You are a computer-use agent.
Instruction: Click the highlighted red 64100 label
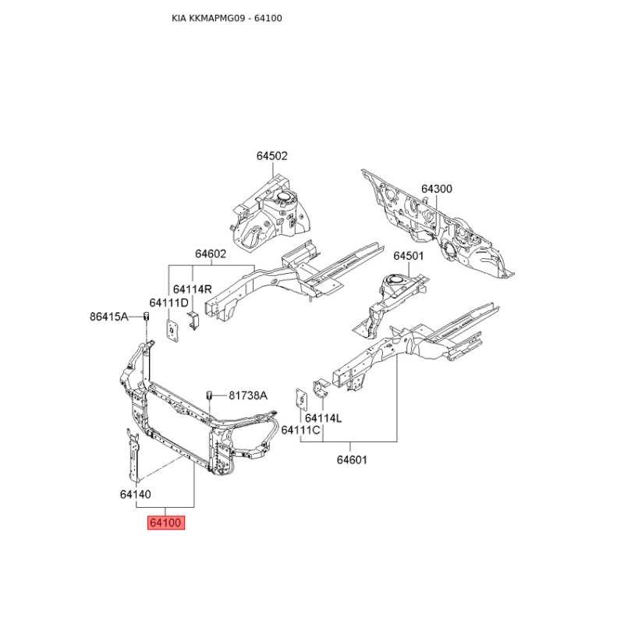click(165, 523)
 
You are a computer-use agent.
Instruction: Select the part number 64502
click(272, 156)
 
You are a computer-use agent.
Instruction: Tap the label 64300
click(436, 189)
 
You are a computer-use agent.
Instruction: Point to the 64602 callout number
click(211, 253)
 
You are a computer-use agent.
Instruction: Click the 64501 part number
click(408, 256)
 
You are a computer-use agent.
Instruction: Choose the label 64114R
click(193, 289)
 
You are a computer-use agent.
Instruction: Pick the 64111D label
click(169, 303)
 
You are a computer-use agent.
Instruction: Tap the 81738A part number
click(248, 395)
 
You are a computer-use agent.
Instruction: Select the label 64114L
click(323, 418)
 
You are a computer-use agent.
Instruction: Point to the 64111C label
click(301, 430)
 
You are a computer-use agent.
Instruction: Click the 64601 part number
click(352, 460)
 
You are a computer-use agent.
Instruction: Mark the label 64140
click(136, 494)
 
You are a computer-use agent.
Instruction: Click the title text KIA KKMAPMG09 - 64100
click(227, 17)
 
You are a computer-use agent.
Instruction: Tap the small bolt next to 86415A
click(145, 316)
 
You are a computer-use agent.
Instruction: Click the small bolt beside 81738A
click(210, 395)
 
